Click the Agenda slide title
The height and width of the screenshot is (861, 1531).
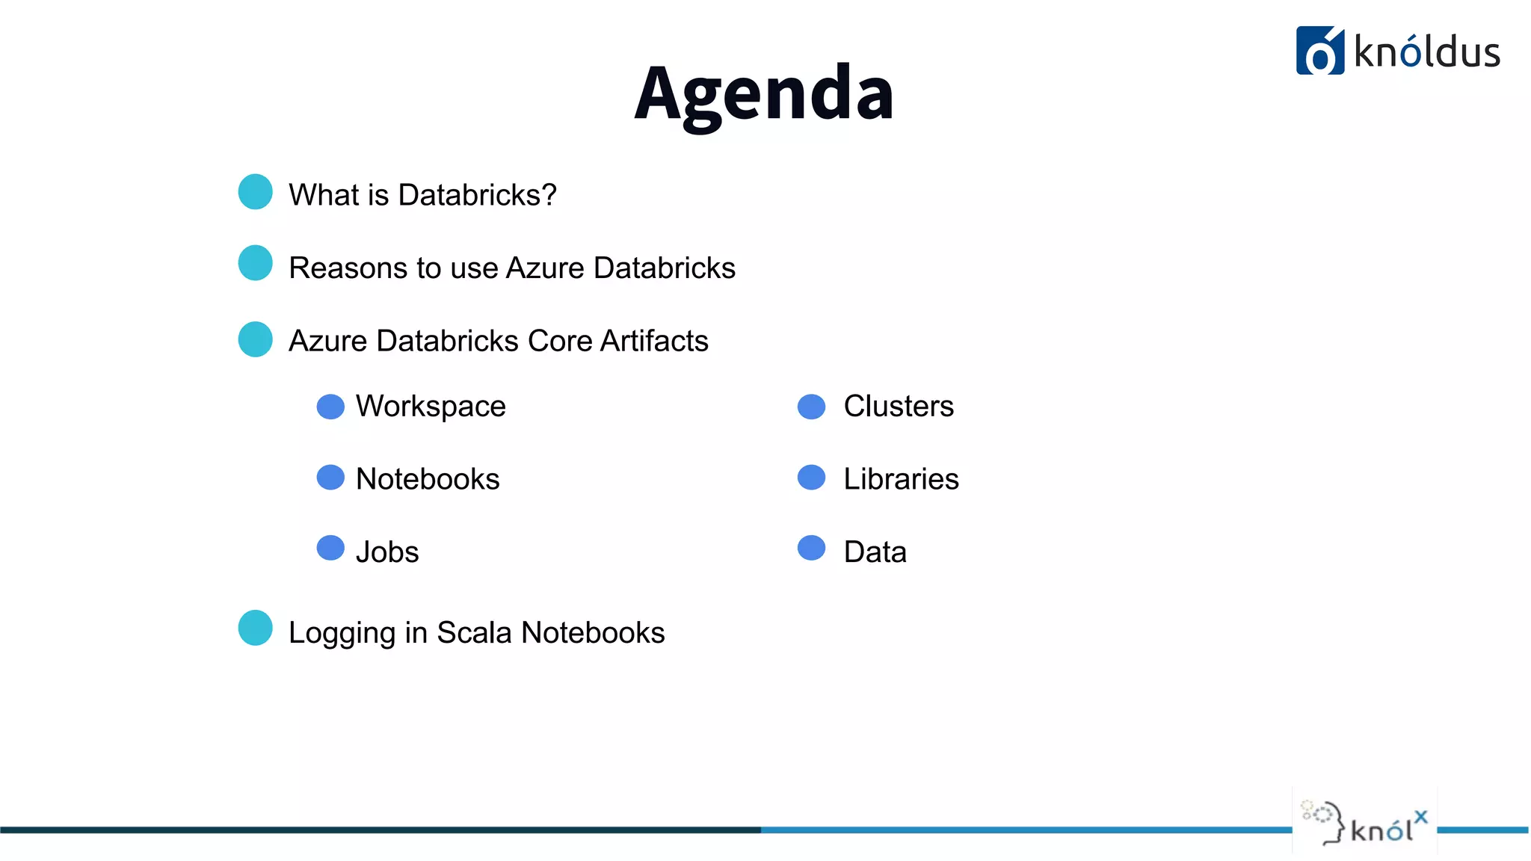(764, 93)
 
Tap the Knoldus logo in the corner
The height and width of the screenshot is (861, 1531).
(1397, 51)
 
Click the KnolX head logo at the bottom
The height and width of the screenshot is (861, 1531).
(1364, 823)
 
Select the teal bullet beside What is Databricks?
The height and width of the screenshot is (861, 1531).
(256, 192)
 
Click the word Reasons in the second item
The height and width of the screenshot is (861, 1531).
(342, 268)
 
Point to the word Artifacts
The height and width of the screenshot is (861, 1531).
(654, 341)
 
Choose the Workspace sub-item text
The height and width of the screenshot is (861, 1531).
(431, 407)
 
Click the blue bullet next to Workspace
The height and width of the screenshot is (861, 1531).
(330, 407)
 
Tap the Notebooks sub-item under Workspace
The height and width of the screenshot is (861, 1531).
(428, 479)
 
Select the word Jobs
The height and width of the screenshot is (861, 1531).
(387, 552)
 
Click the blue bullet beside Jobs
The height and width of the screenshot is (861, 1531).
(330, 548)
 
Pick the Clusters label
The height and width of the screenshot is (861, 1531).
(899, 407)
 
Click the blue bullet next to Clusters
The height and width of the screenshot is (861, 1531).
(811, 407)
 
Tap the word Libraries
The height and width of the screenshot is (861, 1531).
(901, 479)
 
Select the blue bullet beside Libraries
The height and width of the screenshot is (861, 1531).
(811, 478)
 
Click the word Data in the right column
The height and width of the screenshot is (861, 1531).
(875, 552)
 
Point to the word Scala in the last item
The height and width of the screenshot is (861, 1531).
(474, 632)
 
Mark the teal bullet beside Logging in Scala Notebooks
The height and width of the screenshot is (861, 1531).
(256, 628)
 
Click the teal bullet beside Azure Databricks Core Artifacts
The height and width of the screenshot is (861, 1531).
(256, 339)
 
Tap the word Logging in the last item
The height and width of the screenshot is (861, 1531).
(342, 634)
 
